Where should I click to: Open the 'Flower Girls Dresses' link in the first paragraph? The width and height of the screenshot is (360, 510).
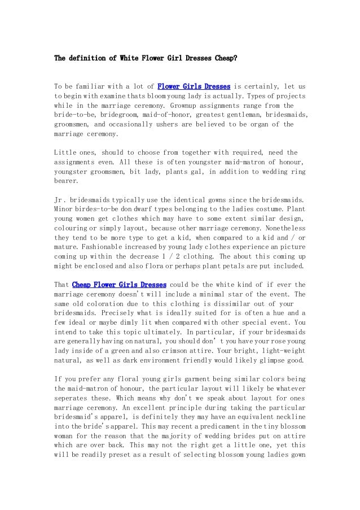pos(193,87)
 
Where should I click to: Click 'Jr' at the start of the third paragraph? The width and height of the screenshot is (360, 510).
pos(58,200)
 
